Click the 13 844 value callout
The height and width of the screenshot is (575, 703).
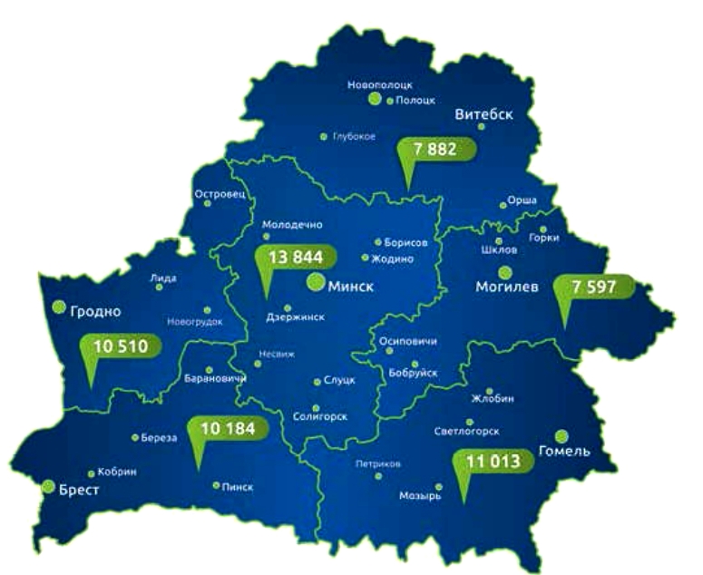(x=289, y=258)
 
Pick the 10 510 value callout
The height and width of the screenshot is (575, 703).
(x=120, y=346)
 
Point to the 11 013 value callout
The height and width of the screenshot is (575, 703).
(x=493, y=462)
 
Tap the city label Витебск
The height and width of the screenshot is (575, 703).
(x=484, y=114)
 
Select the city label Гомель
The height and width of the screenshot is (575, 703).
(x=564, y=451)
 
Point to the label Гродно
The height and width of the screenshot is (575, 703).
(x=94, y=311)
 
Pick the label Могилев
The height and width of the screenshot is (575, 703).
(x=507, y=287)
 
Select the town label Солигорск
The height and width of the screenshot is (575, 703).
(x=321, y=416)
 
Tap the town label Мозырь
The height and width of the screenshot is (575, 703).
(x=420, y=496)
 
